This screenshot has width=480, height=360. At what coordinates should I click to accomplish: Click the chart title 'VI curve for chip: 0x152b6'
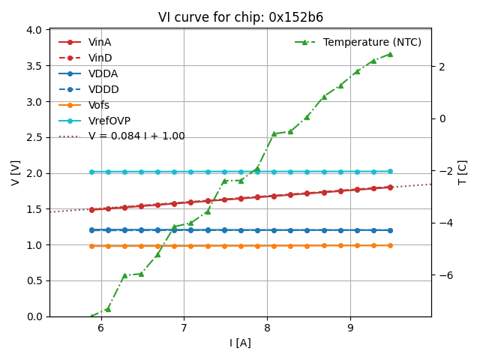[240, 17]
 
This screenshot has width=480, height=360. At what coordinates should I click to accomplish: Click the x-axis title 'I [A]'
[240, 343]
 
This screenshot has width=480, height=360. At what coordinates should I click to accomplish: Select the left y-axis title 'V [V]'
[16, 172]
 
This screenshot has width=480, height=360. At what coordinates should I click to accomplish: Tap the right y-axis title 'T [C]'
[463, 172]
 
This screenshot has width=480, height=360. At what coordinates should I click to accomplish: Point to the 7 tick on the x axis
[184, 328]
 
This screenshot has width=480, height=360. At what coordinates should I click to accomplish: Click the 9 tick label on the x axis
[350, 328]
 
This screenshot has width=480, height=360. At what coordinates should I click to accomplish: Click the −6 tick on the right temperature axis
[443, 275]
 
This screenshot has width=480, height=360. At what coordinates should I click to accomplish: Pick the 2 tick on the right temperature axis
[442, 67]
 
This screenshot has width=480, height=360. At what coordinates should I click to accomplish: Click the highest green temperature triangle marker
[390, 54]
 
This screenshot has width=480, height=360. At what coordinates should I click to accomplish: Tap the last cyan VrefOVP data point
[390, 171]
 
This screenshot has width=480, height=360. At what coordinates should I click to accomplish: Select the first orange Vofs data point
[91, 246]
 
